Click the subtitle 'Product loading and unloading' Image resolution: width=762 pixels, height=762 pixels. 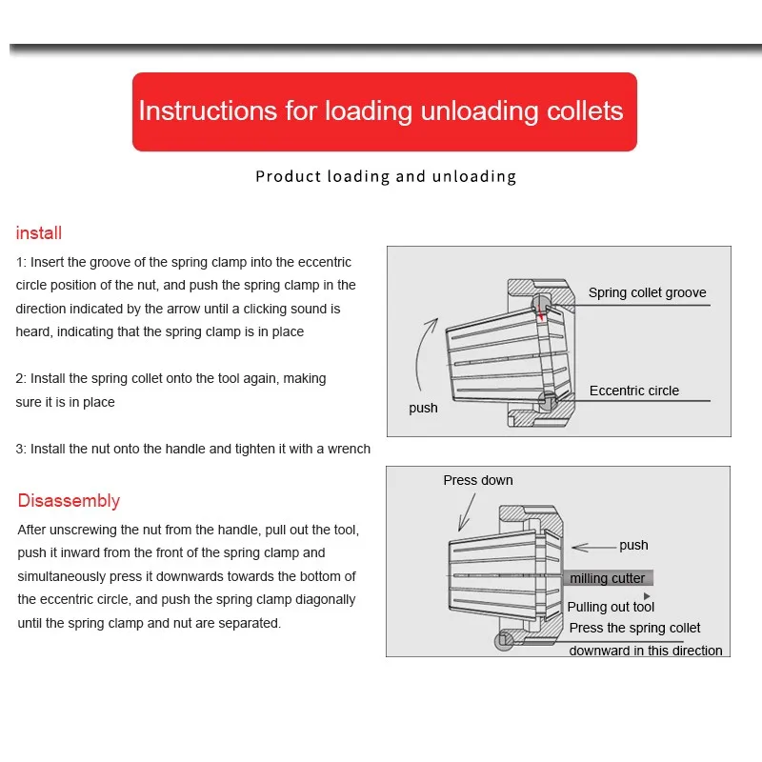coord(386,176)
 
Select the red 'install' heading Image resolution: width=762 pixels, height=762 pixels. coord(39,233)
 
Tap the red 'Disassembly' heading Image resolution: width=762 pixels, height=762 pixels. coord(69,501)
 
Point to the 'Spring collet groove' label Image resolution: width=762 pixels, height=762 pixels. coord(647,293)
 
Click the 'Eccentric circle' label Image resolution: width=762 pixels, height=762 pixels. coord(633,391)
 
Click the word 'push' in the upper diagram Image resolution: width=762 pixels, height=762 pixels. coord(423,408)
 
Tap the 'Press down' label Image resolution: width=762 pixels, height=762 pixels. coord(477,480)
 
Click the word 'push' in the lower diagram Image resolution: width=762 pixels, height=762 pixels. coord(633,546)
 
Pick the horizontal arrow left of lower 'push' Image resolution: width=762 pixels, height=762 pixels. coord(592,547)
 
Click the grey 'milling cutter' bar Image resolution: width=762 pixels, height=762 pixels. coord(610,578)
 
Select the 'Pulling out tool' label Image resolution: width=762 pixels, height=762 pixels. coord(611,607)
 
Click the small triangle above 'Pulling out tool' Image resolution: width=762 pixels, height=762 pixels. coord(648,596)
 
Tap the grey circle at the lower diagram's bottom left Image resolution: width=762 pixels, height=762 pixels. coord(504,641)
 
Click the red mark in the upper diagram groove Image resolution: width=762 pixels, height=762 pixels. coord(542,311)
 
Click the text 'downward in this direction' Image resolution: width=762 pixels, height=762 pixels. coord(646,651)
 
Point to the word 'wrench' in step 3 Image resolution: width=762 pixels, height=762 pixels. coord(348,449)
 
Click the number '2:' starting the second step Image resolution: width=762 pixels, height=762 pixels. coord(22,378)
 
